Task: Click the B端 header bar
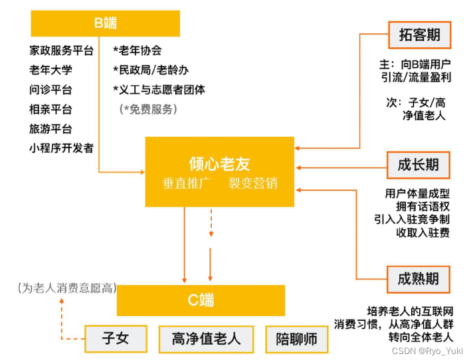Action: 105,23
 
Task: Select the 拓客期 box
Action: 419,35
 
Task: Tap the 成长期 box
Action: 419,165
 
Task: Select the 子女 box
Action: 116,339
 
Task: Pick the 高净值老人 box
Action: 206,339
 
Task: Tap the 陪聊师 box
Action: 296,339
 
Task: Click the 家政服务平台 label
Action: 62,50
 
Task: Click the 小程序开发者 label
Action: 62,148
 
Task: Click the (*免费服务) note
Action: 148,109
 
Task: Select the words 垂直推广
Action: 187,183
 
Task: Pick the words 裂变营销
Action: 252,183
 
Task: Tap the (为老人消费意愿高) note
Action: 66,288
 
